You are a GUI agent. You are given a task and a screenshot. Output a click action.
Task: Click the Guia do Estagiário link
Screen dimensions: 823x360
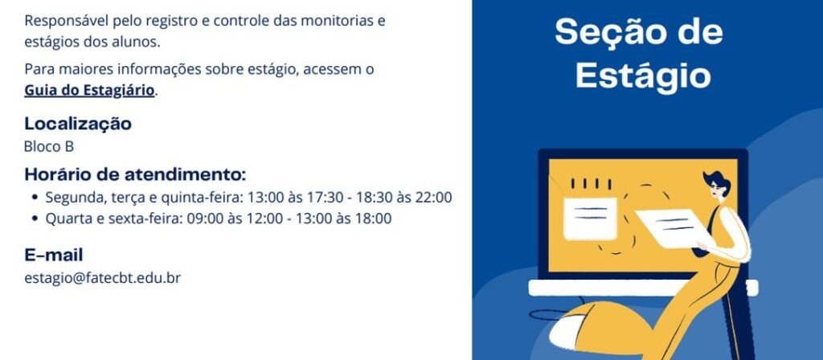click(x=89, y=90)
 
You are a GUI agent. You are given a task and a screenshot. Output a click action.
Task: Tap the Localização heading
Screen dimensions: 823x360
click(x=78, y=124)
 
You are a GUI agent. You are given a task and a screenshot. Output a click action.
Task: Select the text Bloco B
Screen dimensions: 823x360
click(x=49, y=147)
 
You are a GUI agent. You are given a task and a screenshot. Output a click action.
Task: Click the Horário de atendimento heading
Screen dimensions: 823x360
click(x=135, y=174)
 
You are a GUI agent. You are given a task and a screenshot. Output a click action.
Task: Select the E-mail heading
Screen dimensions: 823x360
click(x=54, y=256)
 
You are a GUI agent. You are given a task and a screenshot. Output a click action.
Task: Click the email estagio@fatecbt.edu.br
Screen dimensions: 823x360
click(x=102, y=278)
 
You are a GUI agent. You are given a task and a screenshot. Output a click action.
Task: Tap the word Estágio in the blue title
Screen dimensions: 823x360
click(x=644, y=76)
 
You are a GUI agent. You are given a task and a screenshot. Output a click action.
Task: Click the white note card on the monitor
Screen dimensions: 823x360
click(x=590, y=219)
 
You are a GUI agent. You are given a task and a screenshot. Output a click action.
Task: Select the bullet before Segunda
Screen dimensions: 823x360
click(x=35, y=198)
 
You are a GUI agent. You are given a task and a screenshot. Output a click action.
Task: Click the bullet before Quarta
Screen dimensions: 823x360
click(x=35, y=219)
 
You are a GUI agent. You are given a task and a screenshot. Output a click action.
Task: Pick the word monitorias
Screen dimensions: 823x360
click(x=330, y=22)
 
